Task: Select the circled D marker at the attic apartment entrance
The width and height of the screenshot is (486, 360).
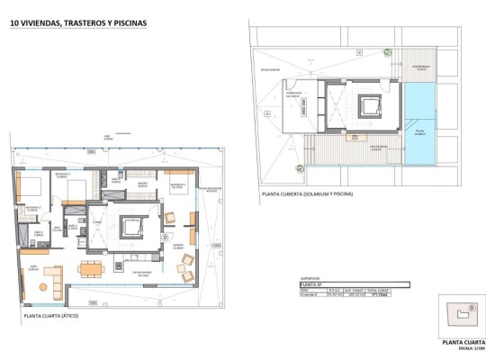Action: [166, 238]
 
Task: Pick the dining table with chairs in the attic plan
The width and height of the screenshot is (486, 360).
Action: [91, 267]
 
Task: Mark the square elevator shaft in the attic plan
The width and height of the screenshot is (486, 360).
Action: [128, 228]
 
